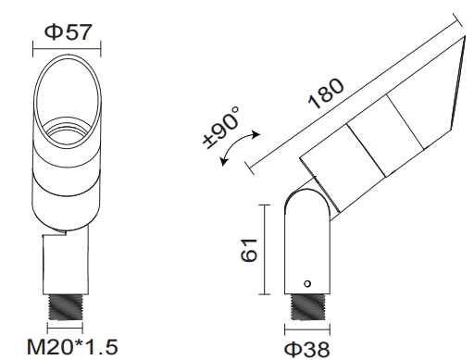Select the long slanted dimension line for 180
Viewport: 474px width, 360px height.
pyautogui.click(x=352, y=93)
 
